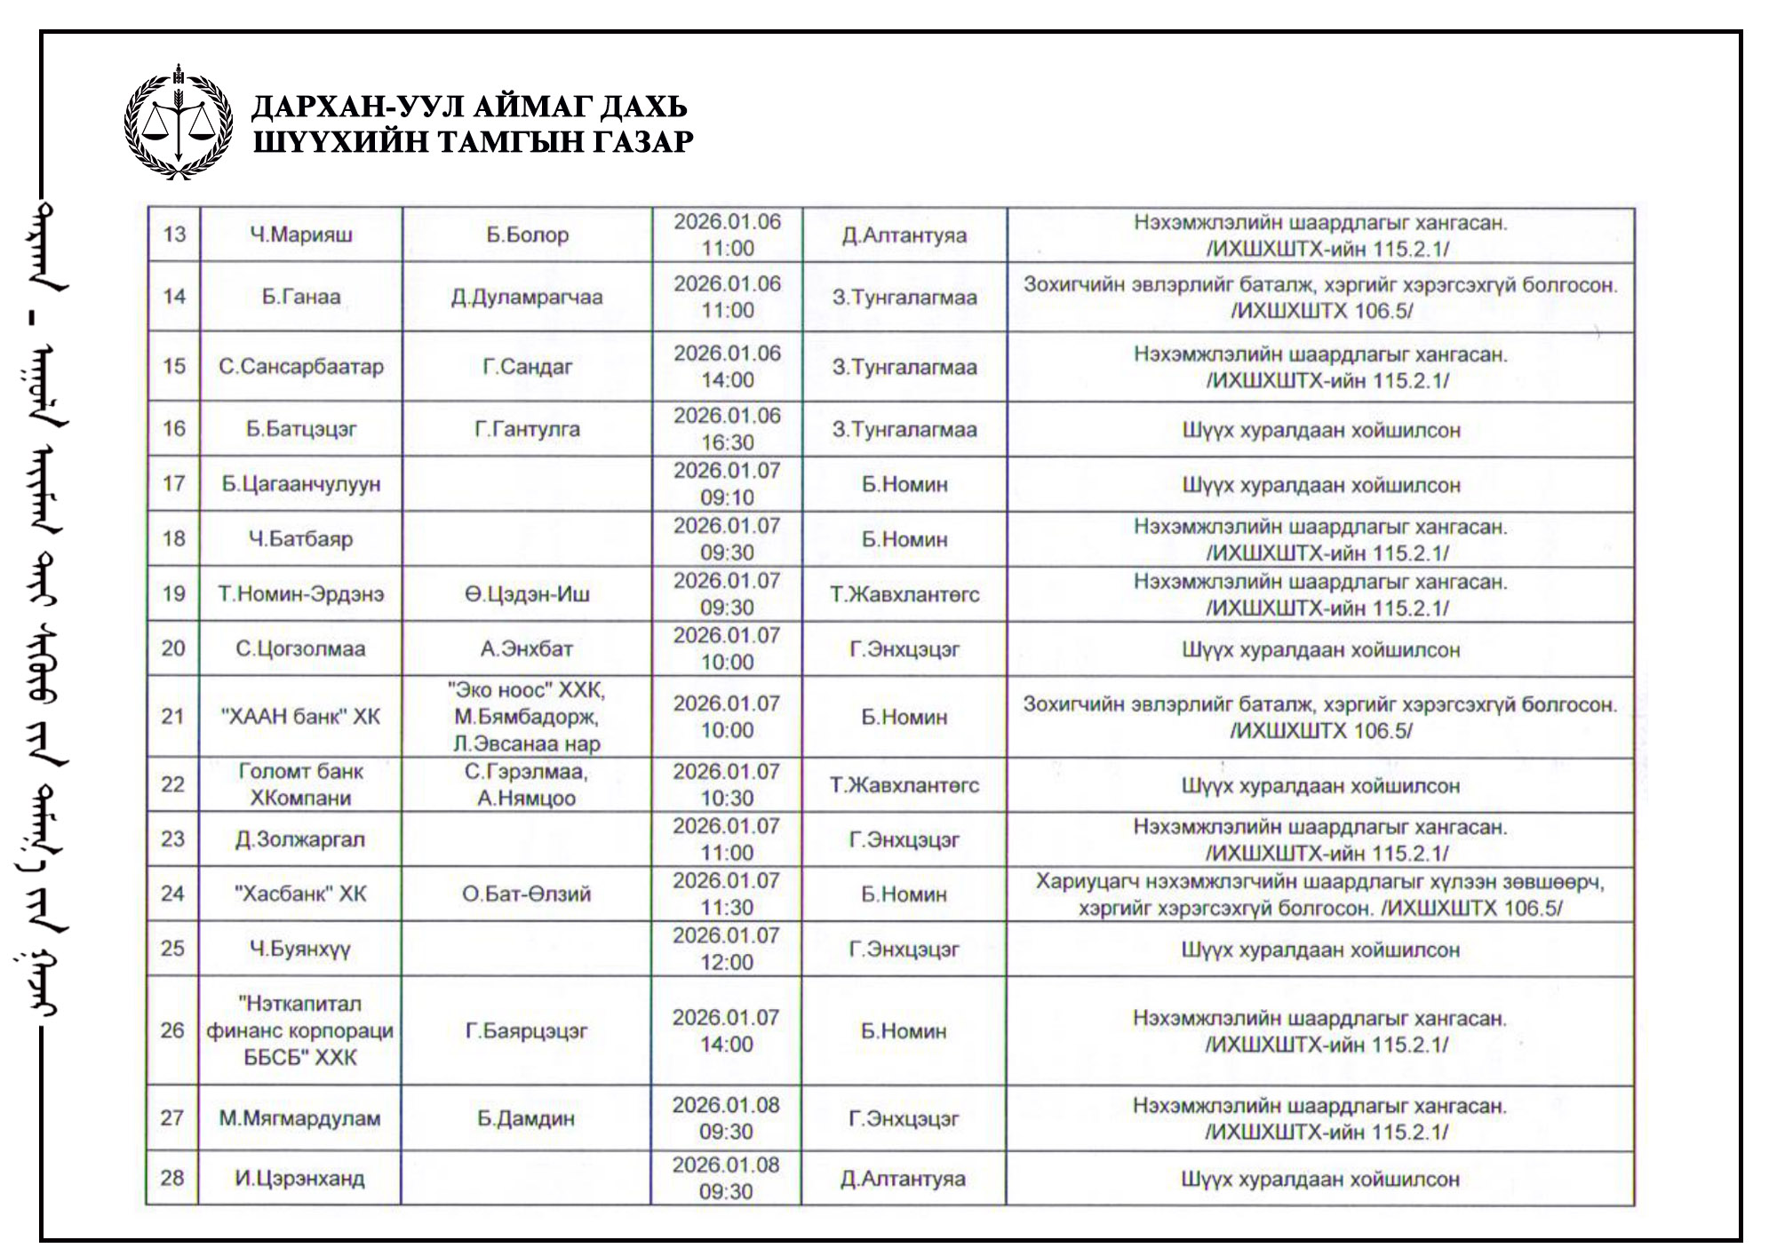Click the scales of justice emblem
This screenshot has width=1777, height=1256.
179,123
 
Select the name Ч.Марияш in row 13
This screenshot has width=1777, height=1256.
301,235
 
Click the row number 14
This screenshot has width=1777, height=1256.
174,297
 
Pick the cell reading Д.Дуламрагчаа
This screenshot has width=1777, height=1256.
527,297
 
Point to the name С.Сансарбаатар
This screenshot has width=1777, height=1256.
301,366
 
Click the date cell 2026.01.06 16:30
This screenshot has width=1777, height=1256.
727,429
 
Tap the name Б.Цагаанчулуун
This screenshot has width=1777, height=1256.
301,484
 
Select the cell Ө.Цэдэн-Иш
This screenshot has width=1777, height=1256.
527,594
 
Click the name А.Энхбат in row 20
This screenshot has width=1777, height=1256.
527,648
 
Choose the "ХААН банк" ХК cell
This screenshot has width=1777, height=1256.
301,716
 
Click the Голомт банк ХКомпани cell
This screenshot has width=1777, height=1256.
301,784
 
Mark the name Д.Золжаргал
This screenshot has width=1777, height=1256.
300,839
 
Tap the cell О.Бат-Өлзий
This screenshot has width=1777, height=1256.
527,894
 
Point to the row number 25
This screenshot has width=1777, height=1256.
173,949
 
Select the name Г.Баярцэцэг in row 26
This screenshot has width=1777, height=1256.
527,1030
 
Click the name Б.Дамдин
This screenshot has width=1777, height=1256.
526,1118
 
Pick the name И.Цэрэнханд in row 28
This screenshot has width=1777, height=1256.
300,1179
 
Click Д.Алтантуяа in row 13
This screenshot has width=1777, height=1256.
904,235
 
